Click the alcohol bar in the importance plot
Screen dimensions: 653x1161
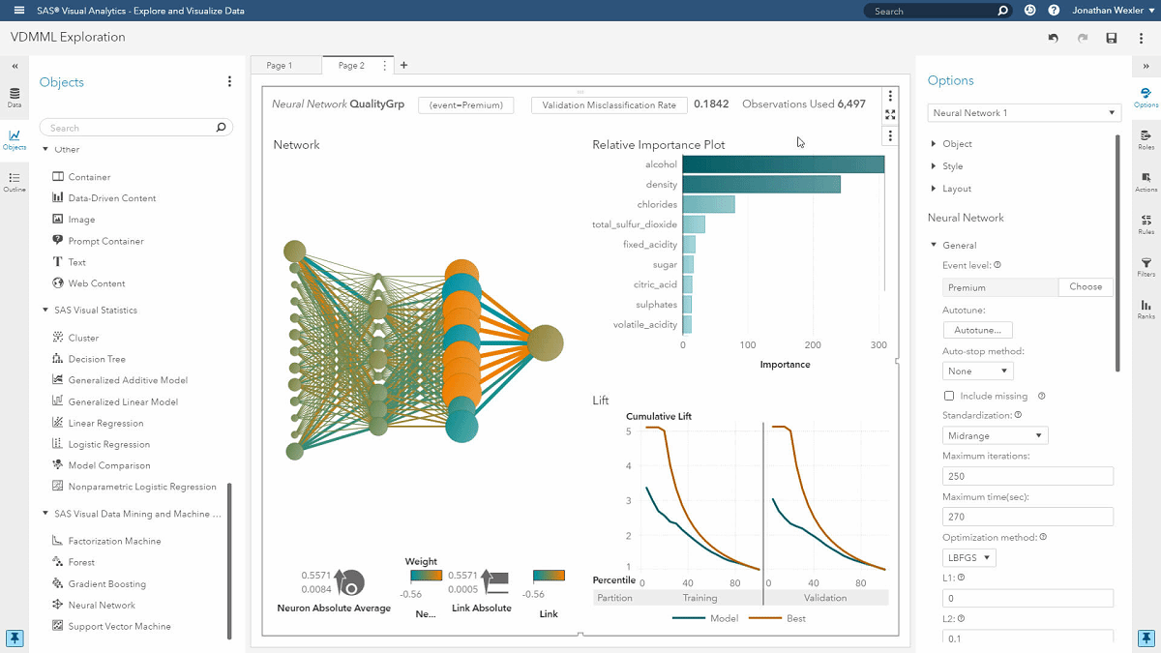pyautogui.click(x=783, y=164)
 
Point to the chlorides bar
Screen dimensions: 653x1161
pyautogui.click(x=708, y=204)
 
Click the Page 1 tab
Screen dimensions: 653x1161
pyautogui.click(x=279, y=66)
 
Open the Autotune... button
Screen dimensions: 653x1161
pyautogui.click(x=977, y=330)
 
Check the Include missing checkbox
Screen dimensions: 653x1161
pyautogui.click(x=949, y=396)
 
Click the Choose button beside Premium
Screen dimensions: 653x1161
pyautogui.click(x=1085, y=287)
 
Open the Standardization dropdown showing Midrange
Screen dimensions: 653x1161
pyautogui.click(x=995, y=436)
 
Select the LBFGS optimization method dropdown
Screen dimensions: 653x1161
pyautogui.click(x=968, y=558)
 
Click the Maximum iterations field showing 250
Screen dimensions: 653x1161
pyautogui.click(x=1027, y=477)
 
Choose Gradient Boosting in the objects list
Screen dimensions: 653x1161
pyautogui.click(x=106, y=584)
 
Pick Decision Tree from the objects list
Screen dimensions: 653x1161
pyautogui.click(x=97, y=360)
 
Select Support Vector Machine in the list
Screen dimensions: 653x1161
pyautogui.click(x=119, y=627)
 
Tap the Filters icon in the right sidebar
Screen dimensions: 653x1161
pyautogui.click(x=1146, y=266)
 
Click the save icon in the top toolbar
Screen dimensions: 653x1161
pyautogui.click(x=1112, y=38)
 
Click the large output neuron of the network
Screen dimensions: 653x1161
pyautogui.click(x=545, y=343)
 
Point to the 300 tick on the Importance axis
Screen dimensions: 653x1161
pyautogui.click(x=878, y=344)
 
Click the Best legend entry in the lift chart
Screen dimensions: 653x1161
pyautogui.click(x=788, y=618)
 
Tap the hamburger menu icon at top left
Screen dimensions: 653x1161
pyautogui.click(x=18, y=11)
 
